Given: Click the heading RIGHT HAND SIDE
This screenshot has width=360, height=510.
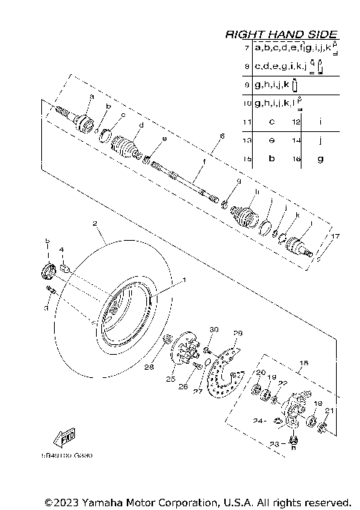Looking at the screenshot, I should (x=281, y=34).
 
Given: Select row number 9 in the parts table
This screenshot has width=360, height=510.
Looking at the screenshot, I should (x=247, y=85).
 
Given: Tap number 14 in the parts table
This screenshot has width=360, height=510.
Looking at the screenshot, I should (x=295, y=140).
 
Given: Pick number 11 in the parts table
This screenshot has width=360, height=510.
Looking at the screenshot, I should (x=247, y=121).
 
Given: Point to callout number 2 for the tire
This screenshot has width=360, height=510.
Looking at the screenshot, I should (x=95, y=223).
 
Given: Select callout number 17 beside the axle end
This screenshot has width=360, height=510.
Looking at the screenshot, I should (x=335, y=236).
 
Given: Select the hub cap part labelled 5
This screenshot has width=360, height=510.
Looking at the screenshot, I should (x=46, y=270).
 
